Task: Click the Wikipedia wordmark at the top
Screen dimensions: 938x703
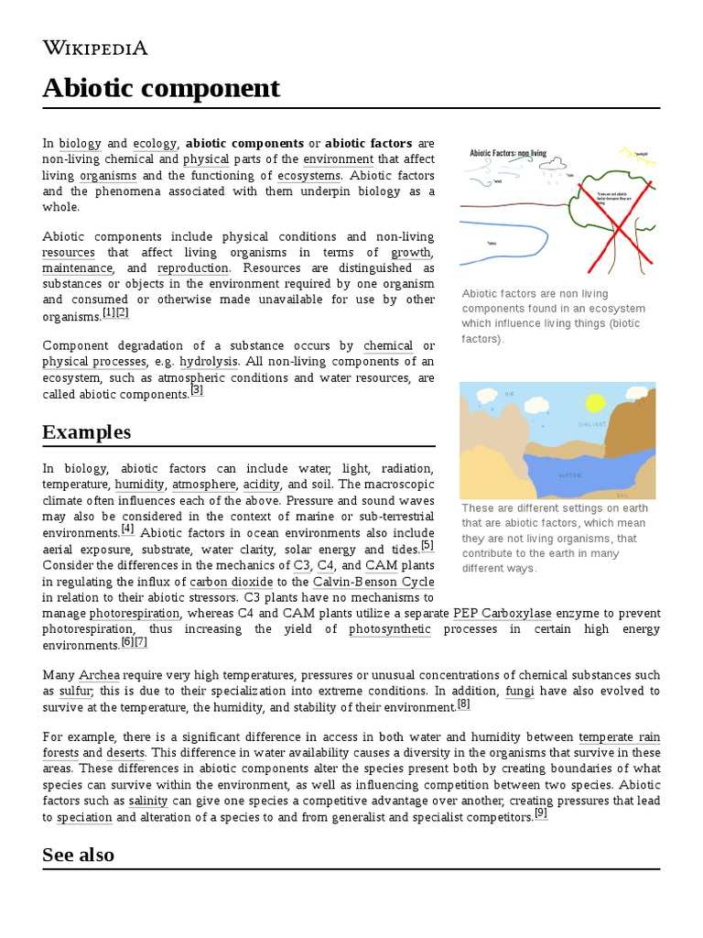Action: click(95, 49)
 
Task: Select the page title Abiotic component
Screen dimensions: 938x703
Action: click(161, 89)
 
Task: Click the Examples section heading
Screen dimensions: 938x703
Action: click(86, 431)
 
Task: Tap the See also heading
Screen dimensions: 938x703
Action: click(78, 855)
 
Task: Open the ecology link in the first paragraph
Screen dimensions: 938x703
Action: click(154, 144)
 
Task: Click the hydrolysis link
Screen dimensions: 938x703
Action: click(209, 361)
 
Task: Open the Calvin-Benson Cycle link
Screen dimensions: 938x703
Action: click(373, 582)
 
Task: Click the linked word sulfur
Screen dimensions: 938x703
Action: click(75, 692)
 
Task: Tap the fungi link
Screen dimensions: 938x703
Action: click(519, 692)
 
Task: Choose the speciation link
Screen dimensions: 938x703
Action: click(84, 817)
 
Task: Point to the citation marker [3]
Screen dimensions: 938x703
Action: click(197, 390)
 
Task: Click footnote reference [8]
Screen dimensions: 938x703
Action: click(464, 703)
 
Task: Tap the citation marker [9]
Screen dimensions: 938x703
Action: click(541, 813)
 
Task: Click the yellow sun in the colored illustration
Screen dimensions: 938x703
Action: click(596, 403)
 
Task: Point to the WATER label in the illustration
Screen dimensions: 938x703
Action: click(570, 475)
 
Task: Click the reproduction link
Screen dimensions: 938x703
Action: click(192, 268)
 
